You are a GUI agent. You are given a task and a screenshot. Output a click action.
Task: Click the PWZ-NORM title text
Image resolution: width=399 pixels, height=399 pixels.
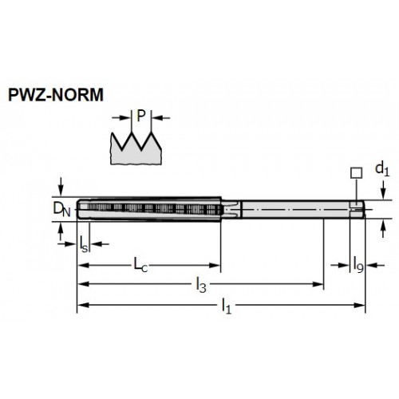[x=56, y=95]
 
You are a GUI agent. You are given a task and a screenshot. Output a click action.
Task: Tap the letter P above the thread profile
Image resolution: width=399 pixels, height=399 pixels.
[x=141, y=116]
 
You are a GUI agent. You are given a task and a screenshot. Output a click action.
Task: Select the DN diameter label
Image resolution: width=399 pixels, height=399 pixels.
[x=61, y=209]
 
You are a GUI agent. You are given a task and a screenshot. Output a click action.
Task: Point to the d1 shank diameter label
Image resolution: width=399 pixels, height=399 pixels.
[x=382, y=169]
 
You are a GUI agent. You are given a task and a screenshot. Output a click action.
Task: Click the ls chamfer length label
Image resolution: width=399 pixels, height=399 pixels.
[x=84, y=244]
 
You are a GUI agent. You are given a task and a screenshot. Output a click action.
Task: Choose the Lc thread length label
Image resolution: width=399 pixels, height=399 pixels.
[x=140, y=265]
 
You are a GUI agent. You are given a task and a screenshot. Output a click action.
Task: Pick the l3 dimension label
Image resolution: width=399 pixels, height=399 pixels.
[x=201, y=285]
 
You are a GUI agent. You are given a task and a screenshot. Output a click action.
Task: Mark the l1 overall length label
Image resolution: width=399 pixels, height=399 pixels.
[x=227, y=306]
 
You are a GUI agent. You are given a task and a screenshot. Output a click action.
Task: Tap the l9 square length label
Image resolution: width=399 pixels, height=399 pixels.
[x=358, y=264]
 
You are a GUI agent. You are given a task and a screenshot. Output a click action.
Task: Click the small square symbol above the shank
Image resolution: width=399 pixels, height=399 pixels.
[x=356, y=173]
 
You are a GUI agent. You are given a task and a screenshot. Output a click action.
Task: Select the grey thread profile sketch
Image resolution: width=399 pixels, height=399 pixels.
[x=136, y=148]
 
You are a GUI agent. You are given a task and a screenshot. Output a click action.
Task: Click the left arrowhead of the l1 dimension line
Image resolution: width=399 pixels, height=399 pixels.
[x=83, y=306]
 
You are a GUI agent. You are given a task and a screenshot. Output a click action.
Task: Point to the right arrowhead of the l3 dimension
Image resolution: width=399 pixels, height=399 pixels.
[x=318, y=284]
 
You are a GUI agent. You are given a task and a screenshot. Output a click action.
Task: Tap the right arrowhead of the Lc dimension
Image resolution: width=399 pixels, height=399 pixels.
[x=215, y=265]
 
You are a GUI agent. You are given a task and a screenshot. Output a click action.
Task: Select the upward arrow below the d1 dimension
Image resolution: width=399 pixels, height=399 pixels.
[x=383, y=229]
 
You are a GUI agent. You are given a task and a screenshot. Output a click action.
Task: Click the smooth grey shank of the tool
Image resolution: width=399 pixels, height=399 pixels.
[x=295, y=209]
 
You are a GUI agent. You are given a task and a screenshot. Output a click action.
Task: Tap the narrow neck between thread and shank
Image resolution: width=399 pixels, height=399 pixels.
[x=231, y=209]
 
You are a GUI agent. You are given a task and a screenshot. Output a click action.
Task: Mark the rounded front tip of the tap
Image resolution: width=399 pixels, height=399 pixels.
[x=79, y=209]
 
